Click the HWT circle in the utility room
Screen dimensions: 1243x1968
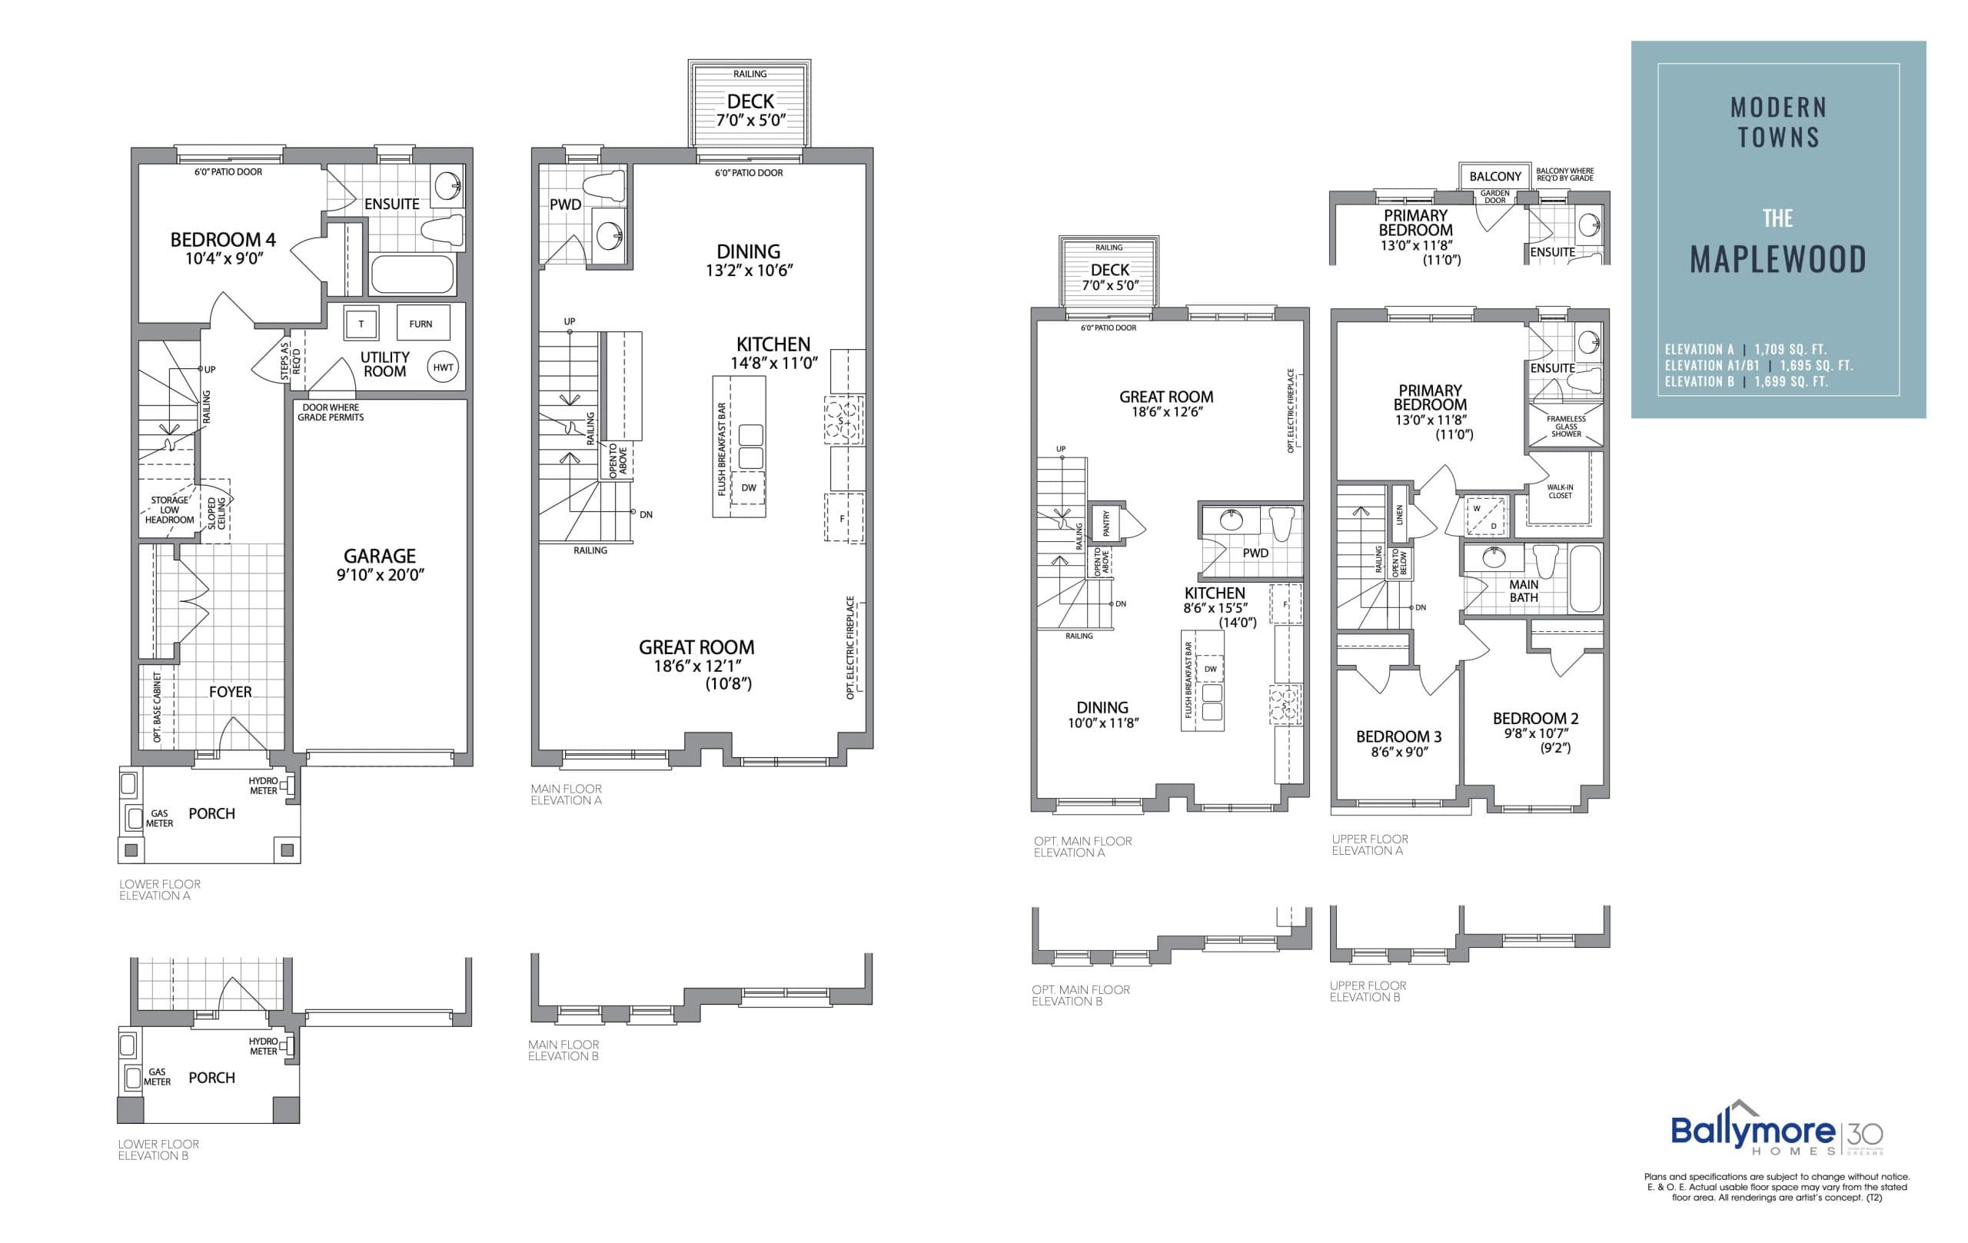(x=443, y=367)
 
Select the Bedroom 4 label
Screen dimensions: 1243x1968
(x=222, y=239)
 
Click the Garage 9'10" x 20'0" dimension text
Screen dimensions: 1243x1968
(x=380, y=574)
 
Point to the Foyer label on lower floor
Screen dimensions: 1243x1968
(x=230, y=691)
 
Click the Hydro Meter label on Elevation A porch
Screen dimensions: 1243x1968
(x=263, y=786)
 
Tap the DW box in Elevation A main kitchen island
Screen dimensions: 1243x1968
(x=749, y=487)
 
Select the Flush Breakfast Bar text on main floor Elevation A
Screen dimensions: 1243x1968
(x=722, y=448)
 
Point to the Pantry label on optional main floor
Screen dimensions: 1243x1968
(x=1106, y=523)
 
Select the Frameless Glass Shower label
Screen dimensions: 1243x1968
(x=1566, y=427)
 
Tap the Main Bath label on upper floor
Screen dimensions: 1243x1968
(x=1524, y=591)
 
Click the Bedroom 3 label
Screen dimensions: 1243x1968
(x=1398, y=736)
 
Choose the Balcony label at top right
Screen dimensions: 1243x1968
(x=1494, y=177)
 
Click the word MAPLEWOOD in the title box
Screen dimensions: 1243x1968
(x=1777, y=260)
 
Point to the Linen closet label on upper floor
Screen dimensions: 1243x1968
(x=1399, y=514)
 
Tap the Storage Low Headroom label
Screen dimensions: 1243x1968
(x=169, y=510)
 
